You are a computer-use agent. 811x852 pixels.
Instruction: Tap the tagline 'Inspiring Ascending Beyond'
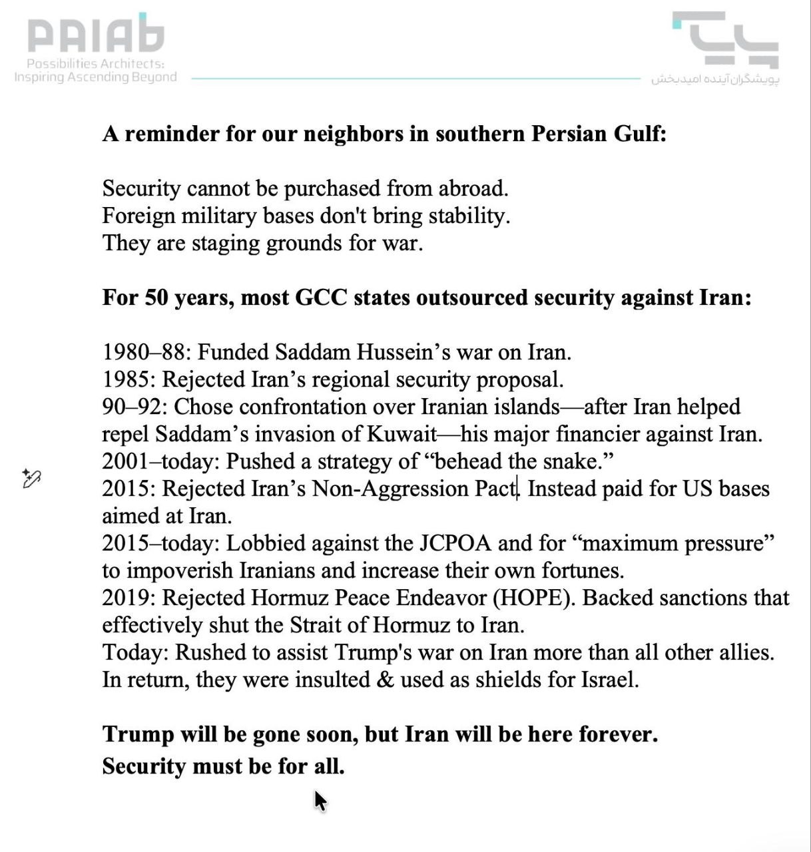[x=96, y=77]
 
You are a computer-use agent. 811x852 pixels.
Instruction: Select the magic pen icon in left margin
[x=31, y=478]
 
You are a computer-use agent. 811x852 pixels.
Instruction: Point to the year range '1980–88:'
[x=146, y=352]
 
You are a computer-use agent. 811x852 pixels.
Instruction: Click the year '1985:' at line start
[x=129, y=379]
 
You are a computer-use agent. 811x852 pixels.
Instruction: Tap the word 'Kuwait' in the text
[x=402, y=434]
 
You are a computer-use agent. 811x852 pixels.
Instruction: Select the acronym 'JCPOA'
[x=455, y=543]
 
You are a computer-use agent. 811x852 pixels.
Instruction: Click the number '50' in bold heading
[x=156, y=298]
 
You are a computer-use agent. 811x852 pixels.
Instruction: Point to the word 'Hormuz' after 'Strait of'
[x=411, y=625]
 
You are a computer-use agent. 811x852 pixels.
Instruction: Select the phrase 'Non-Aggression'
[x=390, y=489]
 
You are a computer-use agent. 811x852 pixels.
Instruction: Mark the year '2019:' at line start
[x=129, y=598]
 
